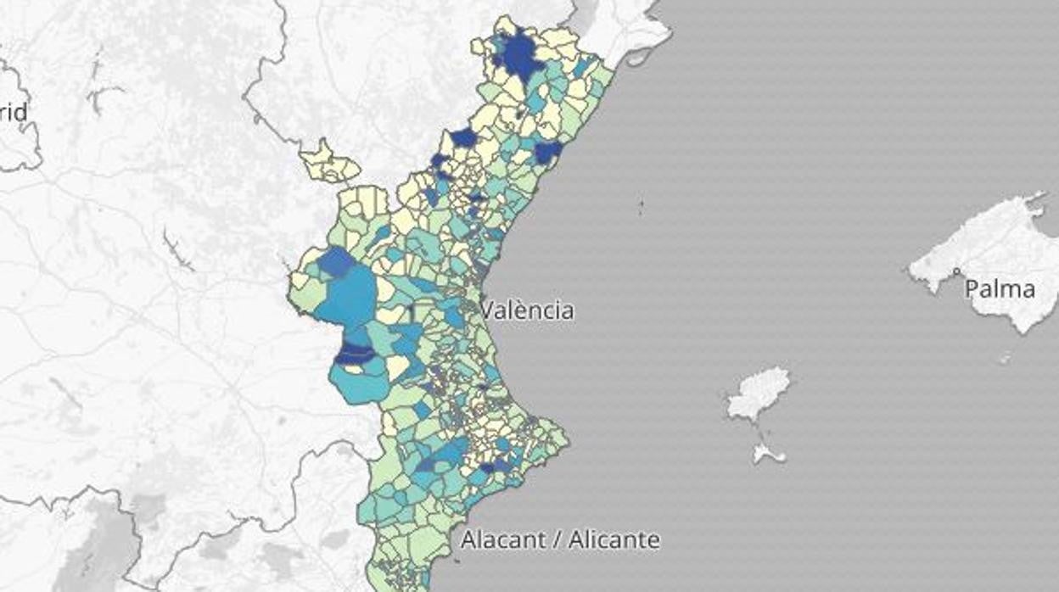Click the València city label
pyautogui.click(x=527, y=310)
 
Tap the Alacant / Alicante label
pyautogui.click(x=560, y=539)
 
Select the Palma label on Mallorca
pyautogui.click(x=1000, y=289)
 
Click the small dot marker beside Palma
pyautogui.click(x=956, y=271)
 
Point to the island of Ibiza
pyautogui.click(x=759, y=393)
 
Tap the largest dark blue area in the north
pyautogui.click(x=518, y=57)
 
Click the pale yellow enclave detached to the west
pyautogui.click(x=327, y=163)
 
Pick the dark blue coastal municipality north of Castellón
pyautogui.click(x=547, y=152)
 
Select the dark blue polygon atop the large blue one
pyautogui.click(x=336, y=262)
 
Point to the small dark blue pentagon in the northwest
pyautogui.click(x=463, y=137)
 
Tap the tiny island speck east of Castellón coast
pyautogui.click(x=641, y=204)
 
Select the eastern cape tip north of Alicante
pyautogui.click(x=564, y=440)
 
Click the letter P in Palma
pyautogui.click(x=972, y=289)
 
